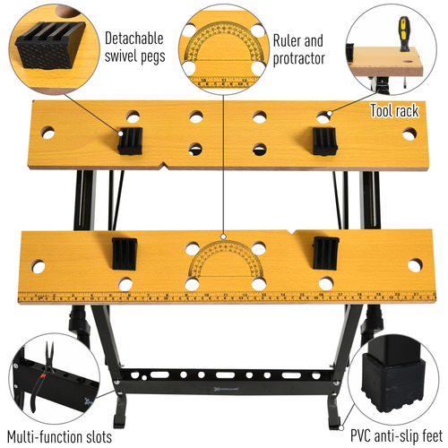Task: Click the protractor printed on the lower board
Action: [x=223, y=262]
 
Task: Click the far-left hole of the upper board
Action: [x=47, y=133]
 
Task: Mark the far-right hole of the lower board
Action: [x=415, y=266]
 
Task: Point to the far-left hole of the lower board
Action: [x=38, y=267]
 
